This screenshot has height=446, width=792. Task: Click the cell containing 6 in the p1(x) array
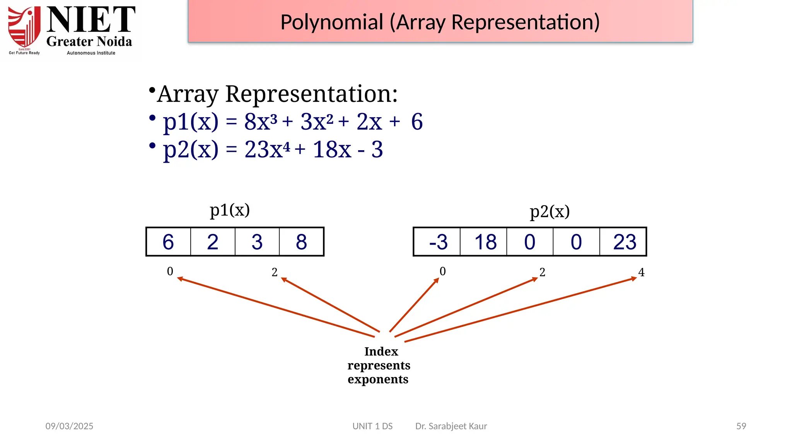[168, 242]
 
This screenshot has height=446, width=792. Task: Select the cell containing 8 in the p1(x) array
[301, 242]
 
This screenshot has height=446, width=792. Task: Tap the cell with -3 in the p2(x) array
[438, 242]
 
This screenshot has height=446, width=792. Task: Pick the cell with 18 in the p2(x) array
[485, 242]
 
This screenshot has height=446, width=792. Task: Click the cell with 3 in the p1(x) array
[257, 242]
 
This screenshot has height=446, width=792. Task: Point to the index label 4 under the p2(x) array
[641, 272]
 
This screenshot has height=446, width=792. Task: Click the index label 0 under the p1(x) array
[170, 271]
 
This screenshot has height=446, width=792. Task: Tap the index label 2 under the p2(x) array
[542, 272]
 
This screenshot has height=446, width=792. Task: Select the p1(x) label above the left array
[230, 210]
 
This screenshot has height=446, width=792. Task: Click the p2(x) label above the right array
[550, 211]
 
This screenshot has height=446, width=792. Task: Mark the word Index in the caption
[381, 352]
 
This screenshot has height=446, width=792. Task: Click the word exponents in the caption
[378, 379]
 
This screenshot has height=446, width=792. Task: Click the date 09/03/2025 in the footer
[69, 426]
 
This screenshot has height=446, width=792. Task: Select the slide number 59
[741, 426]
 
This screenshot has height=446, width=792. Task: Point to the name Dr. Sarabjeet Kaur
[451, 426]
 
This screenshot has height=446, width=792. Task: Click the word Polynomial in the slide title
[332, 22]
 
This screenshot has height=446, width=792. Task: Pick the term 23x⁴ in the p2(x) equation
[267, 149]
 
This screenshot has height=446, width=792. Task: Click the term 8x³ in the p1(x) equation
[261, 122]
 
